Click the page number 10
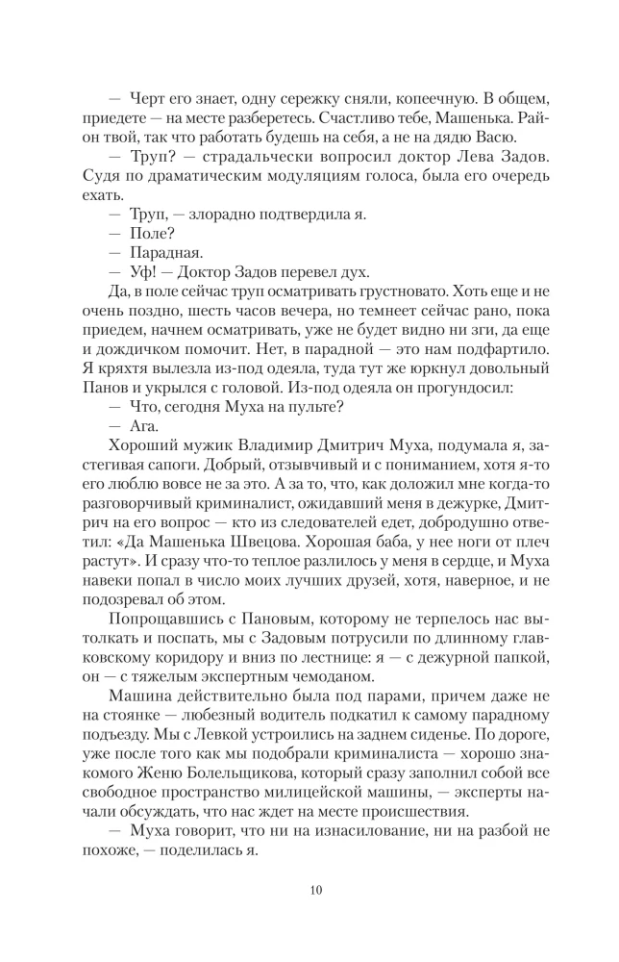309,888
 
